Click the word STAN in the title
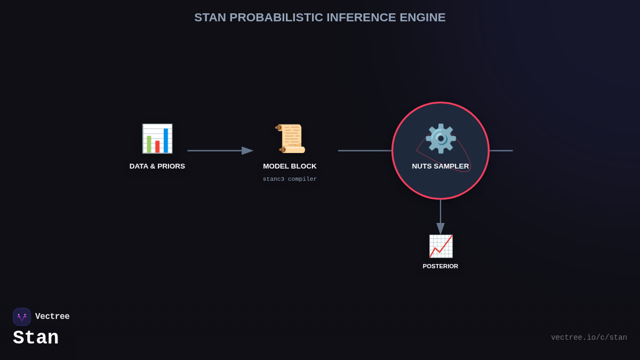point(210,18)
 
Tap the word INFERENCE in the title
point(361,18)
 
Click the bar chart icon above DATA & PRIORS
point(157,139)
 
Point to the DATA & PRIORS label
point(157,166)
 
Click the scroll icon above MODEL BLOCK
point(290,139)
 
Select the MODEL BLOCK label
point(290,166)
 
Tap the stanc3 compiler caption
point(290,179)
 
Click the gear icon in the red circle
point(441,138)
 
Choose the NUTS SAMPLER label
point(441,166)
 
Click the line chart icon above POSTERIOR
point(441,246)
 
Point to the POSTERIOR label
point(441,266)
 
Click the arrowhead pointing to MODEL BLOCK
point(247,151)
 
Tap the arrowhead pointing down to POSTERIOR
point(441,228)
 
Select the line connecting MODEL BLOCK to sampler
point(365,151)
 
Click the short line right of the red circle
point(501,151)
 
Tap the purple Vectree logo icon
point(22,317)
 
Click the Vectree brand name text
point(52,317)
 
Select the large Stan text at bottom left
point(36,338)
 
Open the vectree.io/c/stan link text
point(589,338)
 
